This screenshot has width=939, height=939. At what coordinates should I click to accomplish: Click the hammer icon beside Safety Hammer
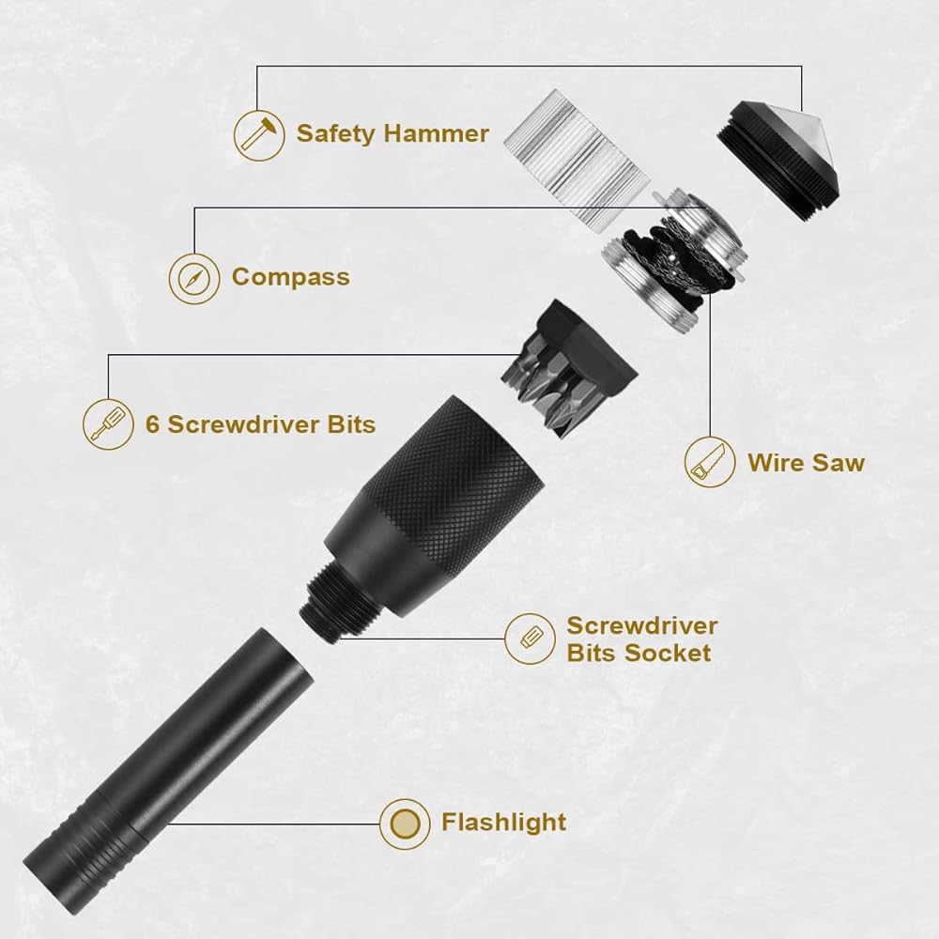point(259,135)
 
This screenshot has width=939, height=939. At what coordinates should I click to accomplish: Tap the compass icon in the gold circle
point(194,279)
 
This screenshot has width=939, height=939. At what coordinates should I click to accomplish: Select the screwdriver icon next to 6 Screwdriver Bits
point(108,424)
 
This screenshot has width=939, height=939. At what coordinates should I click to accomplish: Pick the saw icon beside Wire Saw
point(710,462)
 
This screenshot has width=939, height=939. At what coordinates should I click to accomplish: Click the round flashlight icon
point(405,824)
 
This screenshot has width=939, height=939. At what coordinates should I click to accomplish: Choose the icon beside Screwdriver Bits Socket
point(530,639)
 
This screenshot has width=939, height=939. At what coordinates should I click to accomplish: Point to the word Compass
point(290,278)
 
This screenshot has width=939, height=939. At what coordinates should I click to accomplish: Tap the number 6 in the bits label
point(153,424)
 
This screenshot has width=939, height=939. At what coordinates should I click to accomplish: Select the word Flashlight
point(503,823)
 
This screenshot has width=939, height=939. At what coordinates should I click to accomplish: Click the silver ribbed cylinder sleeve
point(577,162)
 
